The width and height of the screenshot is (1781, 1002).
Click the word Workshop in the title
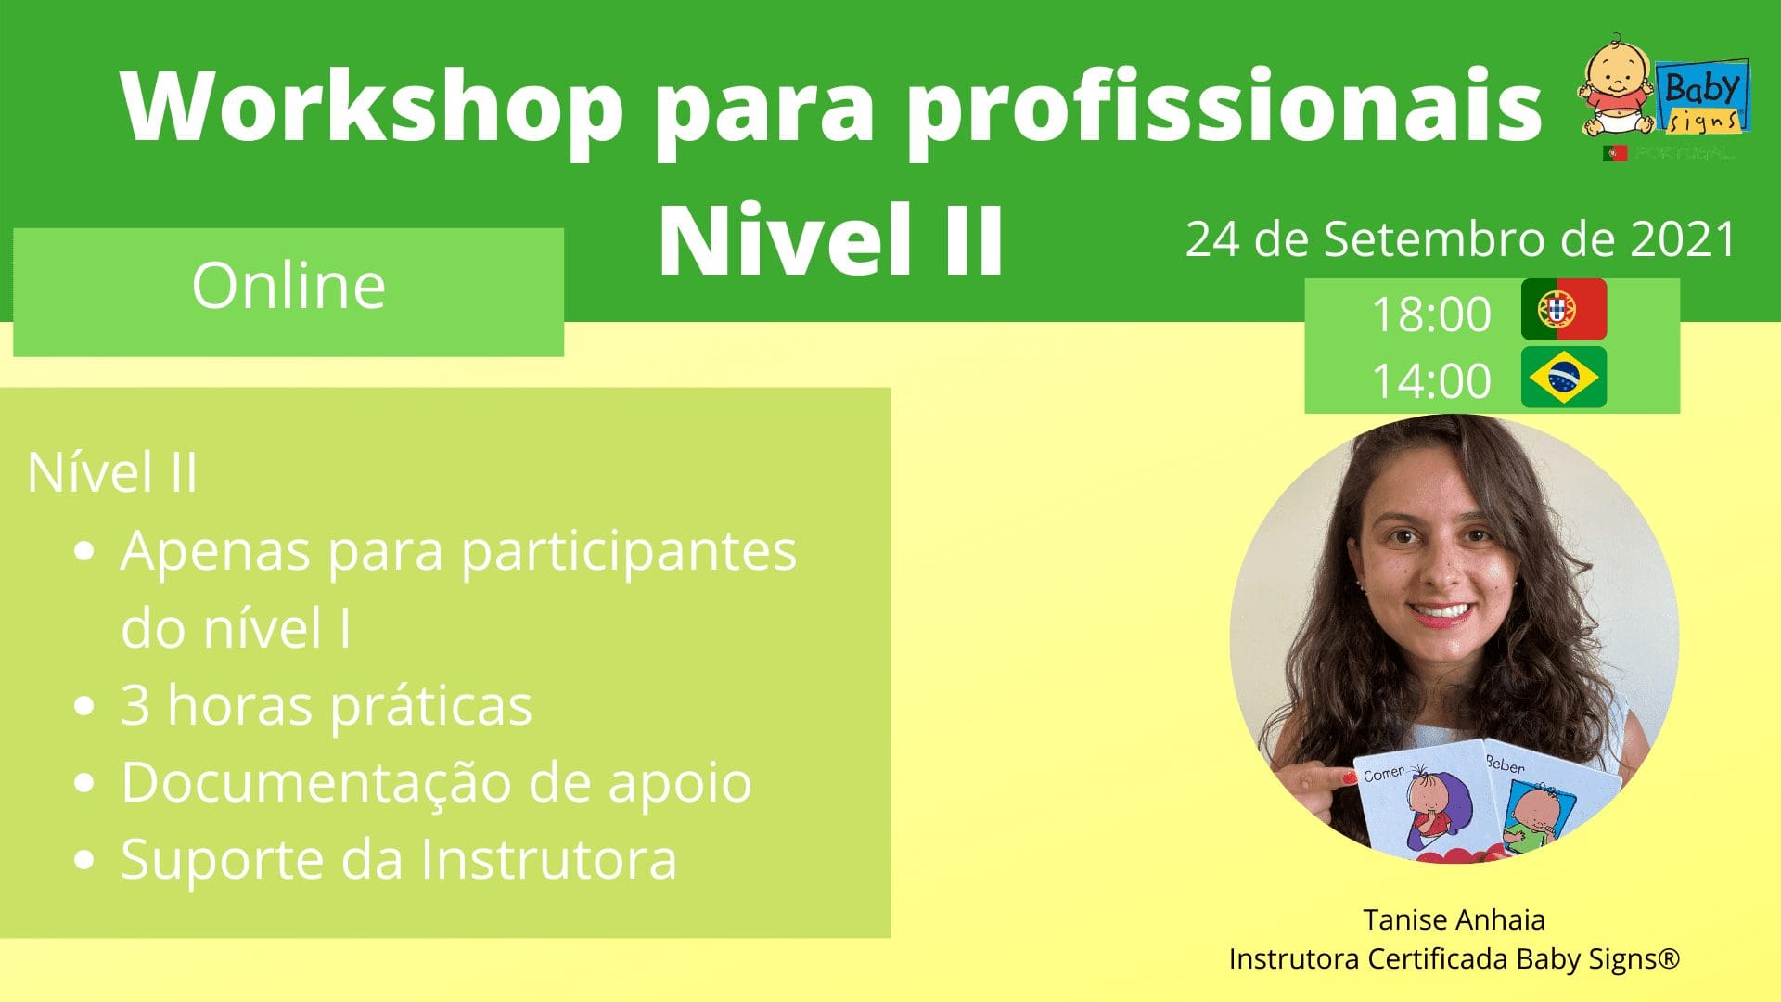(372, 108)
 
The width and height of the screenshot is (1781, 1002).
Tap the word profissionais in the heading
(1224, 108)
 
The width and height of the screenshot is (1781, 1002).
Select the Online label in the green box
(288, 285)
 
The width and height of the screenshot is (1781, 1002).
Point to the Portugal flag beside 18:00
(1564, 309)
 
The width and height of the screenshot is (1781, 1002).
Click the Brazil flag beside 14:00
(1564, 377)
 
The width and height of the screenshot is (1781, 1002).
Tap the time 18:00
(1431, 315)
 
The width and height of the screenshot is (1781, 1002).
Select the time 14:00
(1431, 381)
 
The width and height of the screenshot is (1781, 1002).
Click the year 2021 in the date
(1683, 239)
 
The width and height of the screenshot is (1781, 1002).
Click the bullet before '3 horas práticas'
(84, 706)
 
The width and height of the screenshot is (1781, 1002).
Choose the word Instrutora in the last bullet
(549, 859)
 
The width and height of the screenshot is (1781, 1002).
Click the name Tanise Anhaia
(1454, 919)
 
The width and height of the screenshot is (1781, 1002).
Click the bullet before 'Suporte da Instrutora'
(84, 860)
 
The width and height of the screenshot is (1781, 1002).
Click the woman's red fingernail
(1350, 777)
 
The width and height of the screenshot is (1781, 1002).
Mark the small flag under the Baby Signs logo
(1614, 153)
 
